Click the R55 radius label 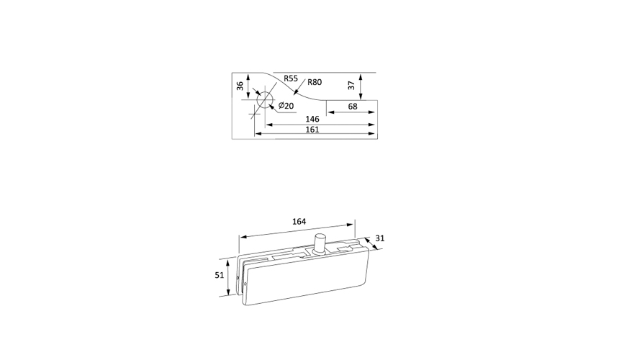tap(291, 78)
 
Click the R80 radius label tap(315, 82)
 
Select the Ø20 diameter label tap(286, 106)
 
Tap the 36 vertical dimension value tap(240, 86)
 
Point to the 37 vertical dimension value tap(352, 85)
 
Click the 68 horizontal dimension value tap(353, 106)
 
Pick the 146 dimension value tap(312, 119)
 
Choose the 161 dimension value tap(312, 130)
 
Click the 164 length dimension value tap(299, 222)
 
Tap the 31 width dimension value tap(380, 238)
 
